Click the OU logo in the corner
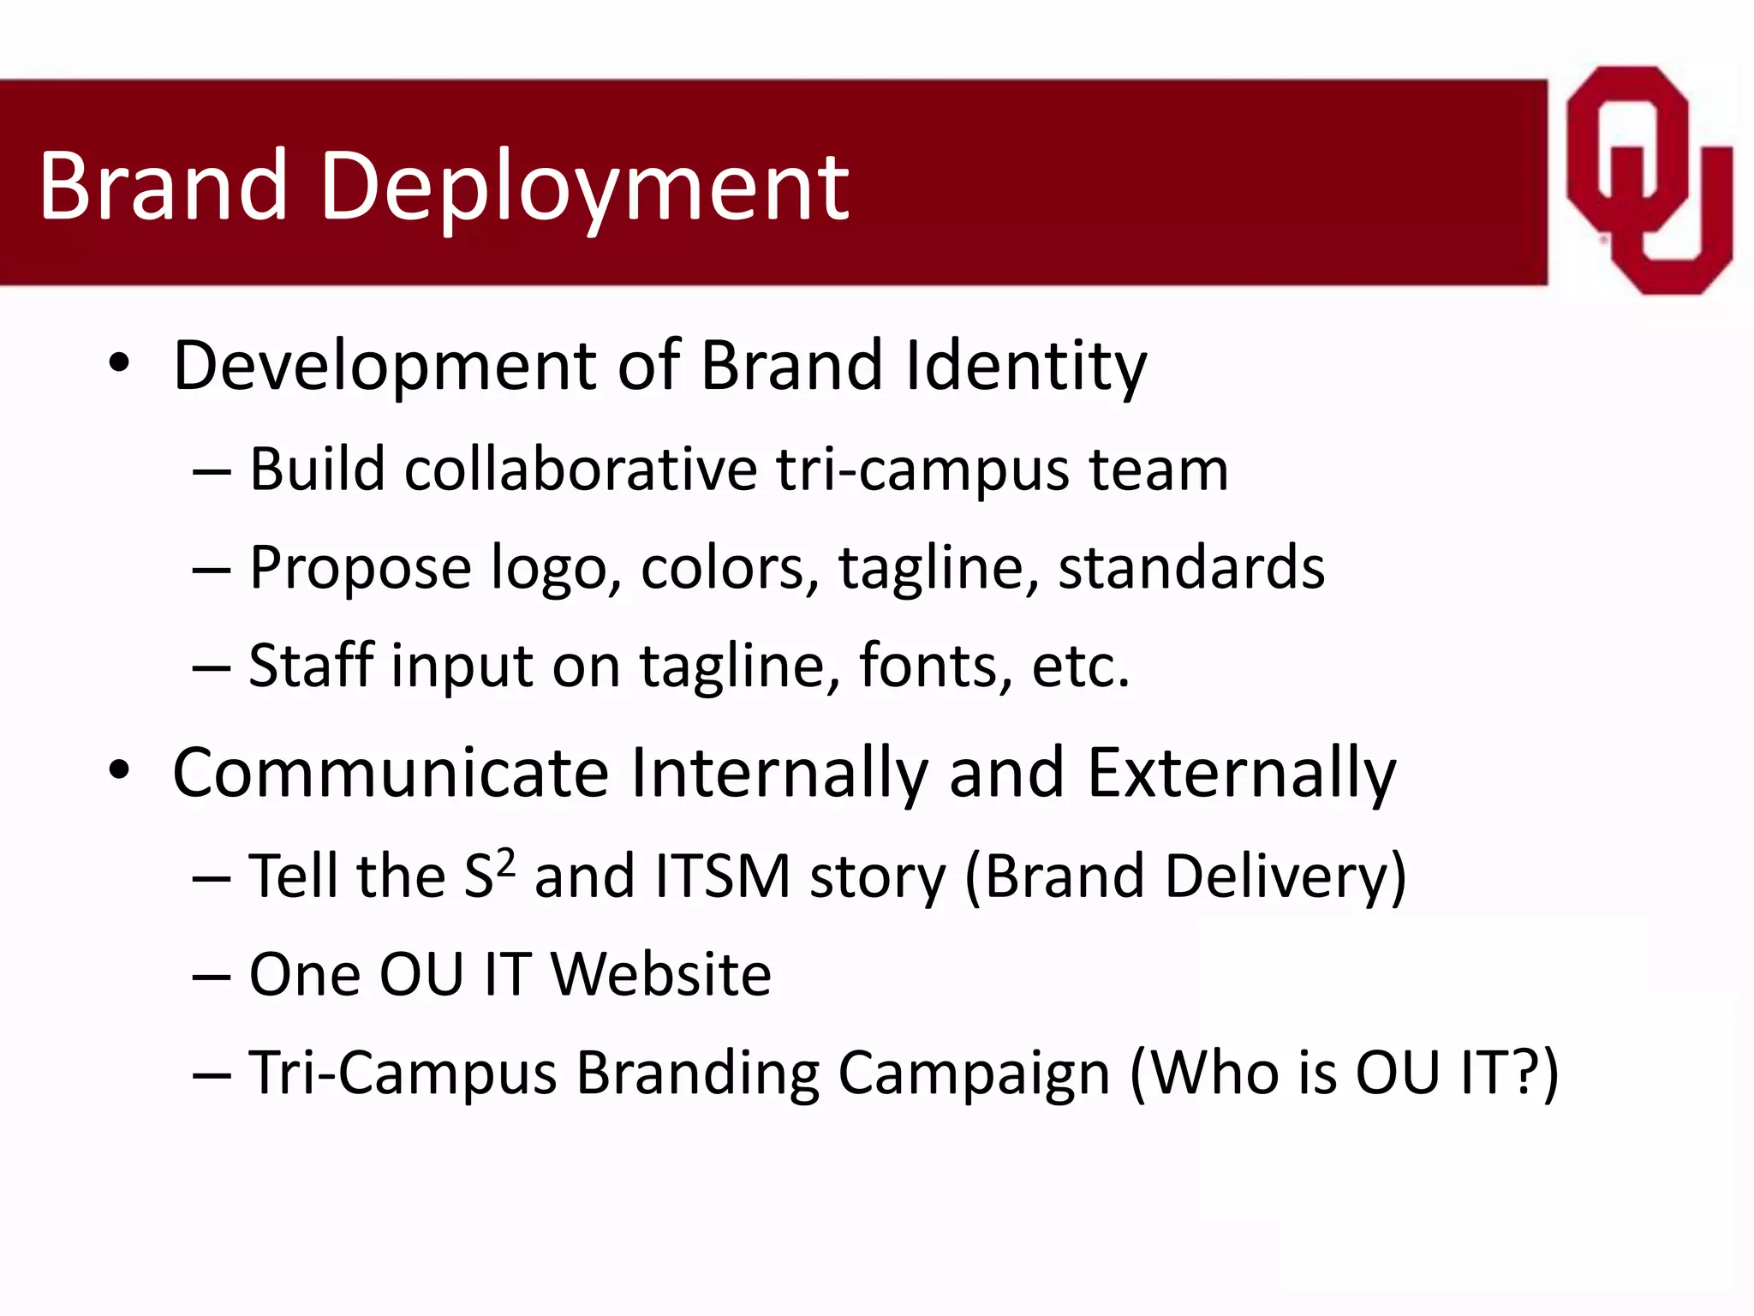(x=1648, y=180)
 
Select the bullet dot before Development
(x=119, y=364)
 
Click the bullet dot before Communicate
(x=119, y=771)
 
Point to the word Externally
(x=1241, y=774)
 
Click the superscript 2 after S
(x=506, y=861)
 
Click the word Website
(x=660, y=975)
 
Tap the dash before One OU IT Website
(x=212, y=976)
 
